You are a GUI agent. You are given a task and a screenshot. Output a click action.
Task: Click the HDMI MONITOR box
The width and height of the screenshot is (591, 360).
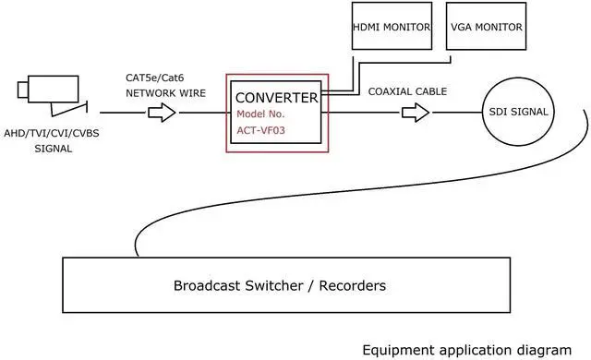click(392, 29)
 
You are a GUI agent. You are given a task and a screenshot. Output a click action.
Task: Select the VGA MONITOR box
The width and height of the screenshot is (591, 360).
click(485, 29)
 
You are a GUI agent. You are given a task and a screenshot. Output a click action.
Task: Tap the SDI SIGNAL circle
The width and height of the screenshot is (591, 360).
click(518, 113)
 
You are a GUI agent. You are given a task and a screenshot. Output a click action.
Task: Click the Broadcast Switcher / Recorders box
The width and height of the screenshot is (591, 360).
click(285, 286)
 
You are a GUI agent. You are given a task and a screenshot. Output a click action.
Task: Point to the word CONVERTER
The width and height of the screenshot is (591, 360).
click(277, 98)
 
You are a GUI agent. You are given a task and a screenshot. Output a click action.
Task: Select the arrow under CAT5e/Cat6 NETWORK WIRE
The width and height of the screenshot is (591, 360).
click(162, 113)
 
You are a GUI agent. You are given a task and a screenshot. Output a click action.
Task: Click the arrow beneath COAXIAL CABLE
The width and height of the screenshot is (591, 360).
click(416, 113)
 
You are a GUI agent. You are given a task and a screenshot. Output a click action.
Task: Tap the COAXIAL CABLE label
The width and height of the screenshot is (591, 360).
click(407, 91)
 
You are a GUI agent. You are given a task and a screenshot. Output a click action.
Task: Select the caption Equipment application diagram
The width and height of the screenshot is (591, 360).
click(466, 350)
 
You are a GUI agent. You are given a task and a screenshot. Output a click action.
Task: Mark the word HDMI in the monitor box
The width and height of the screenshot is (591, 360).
click(369, 28)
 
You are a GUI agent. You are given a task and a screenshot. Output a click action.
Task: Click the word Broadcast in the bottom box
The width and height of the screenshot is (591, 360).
click(208, 286)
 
